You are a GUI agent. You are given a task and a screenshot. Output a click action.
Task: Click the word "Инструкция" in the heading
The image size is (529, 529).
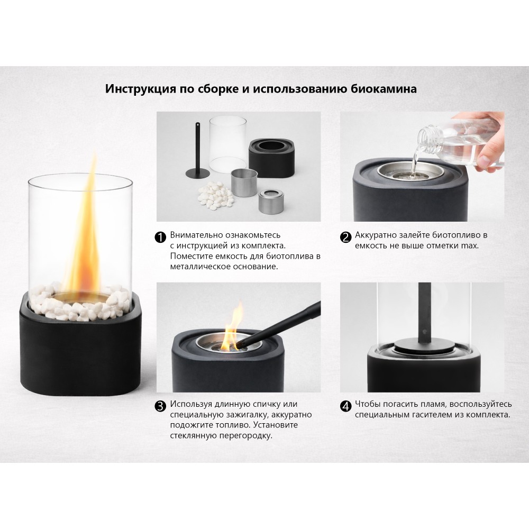pos(140,89)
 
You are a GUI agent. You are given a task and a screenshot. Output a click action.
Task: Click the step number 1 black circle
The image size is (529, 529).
pos(160,237)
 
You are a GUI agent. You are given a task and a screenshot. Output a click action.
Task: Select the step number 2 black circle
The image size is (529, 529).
pos(346,237)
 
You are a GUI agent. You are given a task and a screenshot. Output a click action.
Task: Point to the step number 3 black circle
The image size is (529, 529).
pos(160,406)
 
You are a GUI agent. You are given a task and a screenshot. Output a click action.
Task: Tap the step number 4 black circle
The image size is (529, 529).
pos(346,406)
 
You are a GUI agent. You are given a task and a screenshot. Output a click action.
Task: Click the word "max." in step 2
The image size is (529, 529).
pos(470,245)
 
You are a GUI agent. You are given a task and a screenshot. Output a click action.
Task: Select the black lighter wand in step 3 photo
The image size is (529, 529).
pos(280,324)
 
